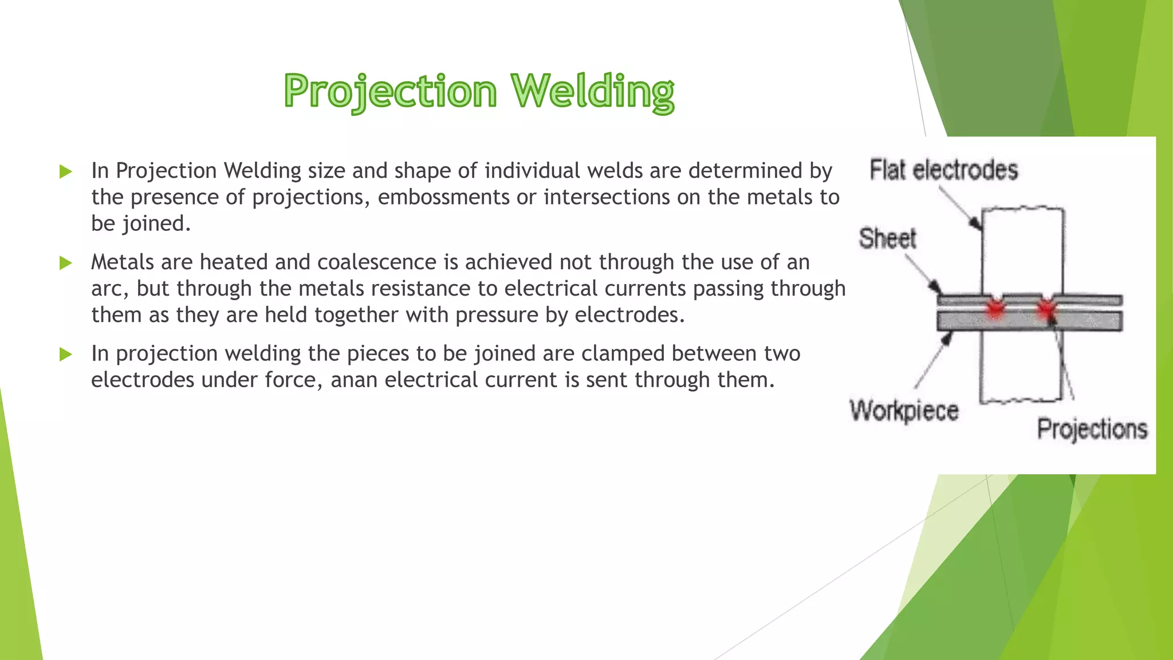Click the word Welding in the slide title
593,92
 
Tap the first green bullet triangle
66,171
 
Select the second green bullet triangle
66,263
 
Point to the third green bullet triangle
66,354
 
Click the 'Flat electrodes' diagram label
943,170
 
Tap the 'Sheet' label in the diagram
887,238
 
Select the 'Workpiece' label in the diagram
904,410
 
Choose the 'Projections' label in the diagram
1092,429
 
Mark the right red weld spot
1047,309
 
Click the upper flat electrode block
1023,252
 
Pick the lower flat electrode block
1020,367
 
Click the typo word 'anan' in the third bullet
354,380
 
